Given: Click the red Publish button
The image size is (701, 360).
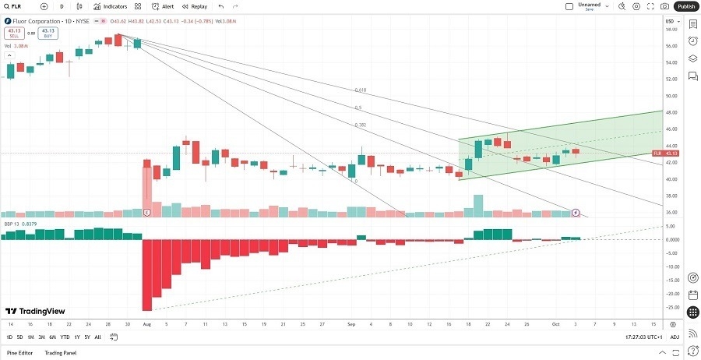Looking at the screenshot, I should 685,6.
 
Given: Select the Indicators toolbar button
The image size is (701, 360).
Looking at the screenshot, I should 115,6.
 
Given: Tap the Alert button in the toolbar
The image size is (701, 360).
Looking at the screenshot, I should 164,6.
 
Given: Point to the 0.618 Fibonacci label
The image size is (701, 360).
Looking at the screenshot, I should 360,90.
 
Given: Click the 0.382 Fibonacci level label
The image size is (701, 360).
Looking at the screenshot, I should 360,125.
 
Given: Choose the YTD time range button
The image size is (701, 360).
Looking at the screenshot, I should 65,337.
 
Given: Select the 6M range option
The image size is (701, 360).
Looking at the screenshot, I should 52,337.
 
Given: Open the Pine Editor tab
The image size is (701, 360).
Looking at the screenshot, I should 21,353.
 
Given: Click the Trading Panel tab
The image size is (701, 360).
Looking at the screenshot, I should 60,353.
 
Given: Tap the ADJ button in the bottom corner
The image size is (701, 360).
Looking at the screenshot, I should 675,337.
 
